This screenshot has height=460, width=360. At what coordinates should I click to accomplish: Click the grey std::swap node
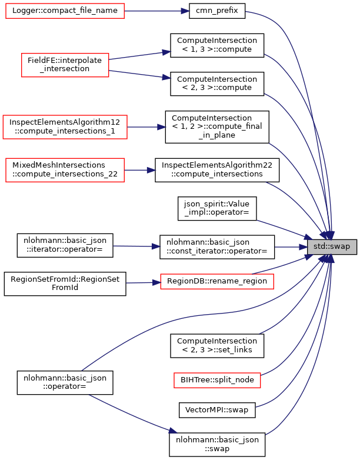coord(332,247)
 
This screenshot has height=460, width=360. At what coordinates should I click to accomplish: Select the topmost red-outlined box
coord(65,11)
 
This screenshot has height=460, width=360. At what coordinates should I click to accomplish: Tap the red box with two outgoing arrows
coord(65,65)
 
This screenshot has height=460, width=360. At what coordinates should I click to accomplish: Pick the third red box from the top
coord(65,127)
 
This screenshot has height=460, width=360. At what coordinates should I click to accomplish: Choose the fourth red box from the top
coord(65,170)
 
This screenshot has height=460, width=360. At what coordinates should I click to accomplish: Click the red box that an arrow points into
coord(216,282)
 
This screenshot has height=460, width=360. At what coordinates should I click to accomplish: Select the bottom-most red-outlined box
coord(217,381)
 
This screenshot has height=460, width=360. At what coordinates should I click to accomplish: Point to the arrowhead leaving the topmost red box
coord(185,11)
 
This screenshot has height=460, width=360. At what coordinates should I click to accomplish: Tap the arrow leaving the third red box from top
coord(147,127)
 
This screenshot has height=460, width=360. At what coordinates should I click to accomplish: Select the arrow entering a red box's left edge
coord(144,283)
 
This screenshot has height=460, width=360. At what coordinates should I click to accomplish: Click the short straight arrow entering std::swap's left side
coord(291,247)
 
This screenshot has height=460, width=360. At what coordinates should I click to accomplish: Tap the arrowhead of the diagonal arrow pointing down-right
coord(173,431)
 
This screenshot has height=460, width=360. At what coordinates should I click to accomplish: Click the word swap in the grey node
coord(340,247)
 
